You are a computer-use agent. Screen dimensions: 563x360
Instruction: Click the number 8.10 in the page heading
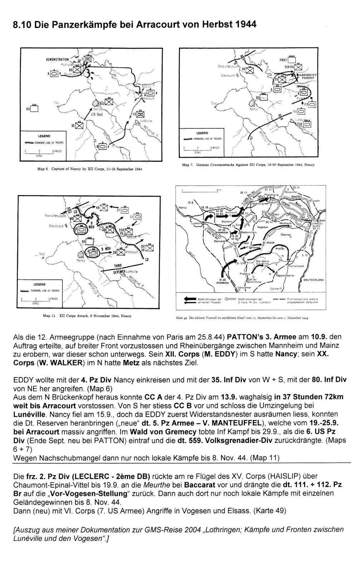click(22, 25)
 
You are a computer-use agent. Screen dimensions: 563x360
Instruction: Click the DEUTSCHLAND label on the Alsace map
click(313, 280)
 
